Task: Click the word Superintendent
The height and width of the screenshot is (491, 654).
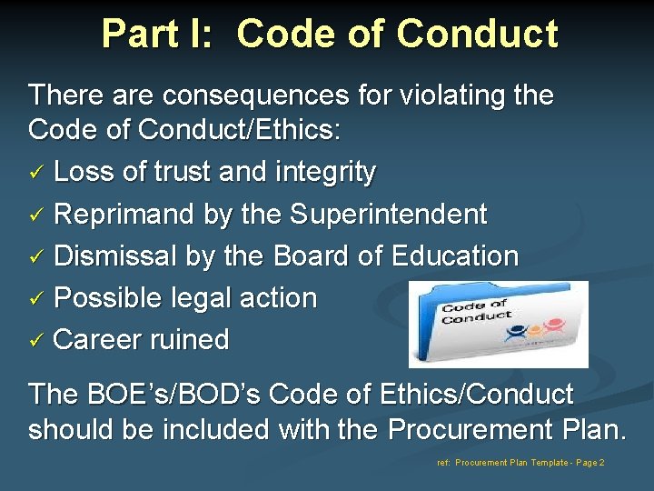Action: tap(389, 215)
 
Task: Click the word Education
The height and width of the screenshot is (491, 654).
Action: tap(455, 256)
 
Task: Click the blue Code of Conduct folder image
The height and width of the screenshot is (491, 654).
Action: tap(497, 324)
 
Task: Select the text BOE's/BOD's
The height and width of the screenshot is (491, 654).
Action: tap(157, 395)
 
